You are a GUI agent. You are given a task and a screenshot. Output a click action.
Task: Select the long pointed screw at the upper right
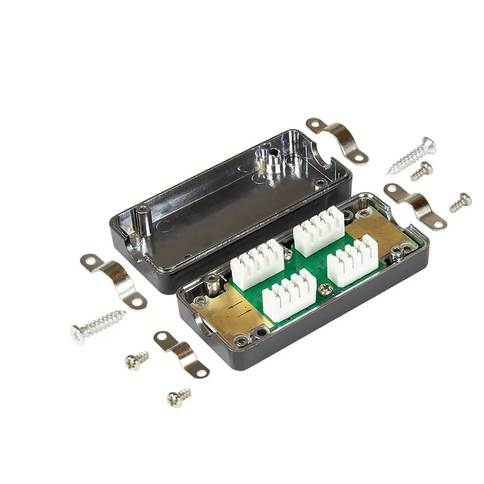412,156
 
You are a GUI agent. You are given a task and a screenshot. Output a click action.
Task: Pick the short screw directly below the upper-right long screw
422,171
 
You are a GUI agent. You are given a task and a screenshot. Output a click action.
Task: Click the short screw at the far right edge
460,202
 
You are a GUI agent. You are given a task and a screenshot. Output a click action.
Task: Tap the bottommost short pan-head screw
179,397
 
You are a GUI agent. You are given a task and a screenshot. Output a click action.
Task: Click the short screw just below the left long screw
136,360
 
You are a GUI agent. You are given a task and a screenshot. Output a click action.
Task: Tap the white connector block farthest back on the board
319,230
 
